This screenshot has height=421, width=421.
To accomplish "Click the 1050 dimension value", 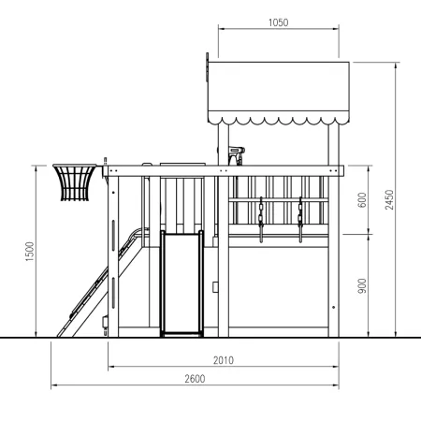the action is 278,22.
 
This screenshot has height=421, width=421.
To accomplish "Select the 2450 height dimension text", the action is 389,199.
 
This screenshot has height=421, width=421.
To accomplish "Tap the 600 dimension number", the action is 362,200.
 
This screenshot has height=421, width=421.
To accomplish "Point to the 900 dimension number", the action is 362,286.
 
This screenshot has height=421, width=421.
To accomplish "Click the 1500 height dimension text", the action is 30,252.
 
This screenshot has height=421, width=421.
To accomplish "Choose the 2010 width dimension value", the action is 224,360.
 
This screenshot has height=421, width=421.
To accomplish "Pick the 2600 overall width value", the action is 195,379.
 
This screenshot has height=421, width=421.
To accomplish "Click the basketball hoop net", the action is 75,182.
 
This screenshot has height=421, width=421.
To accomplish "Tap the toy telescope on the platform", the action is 236,154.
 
